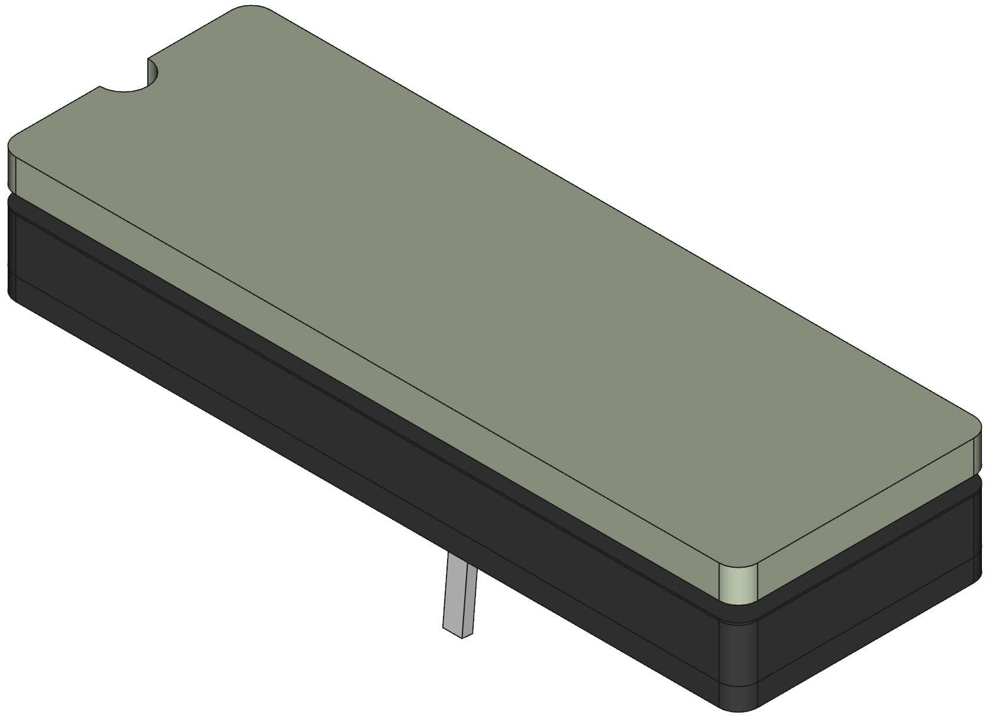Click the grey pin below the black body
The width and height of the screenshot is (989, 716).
[x=458, y=595]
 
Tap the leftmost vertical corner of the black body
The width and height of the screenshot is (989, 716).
[x=13, y=247]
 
